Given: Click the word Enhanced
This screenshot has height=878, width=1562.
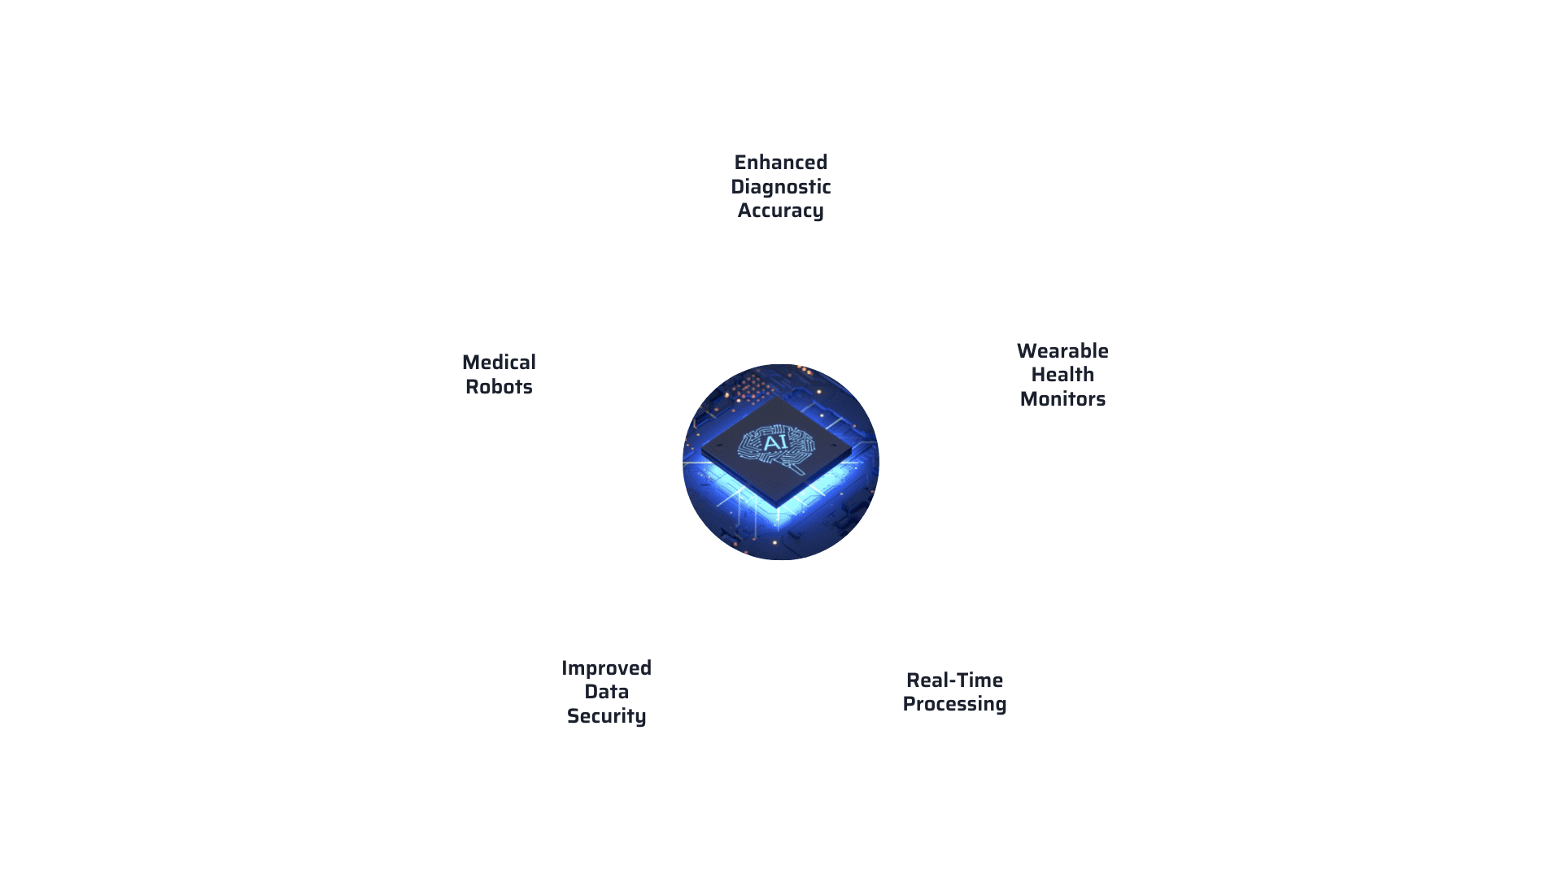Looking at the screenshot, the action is tap(781, 163).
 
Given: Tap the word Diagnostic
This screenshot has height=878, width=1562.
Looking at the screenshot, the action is tap(781, 188).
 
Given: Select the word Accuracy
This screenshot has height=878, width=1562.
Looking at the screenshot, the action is tap(781, 211).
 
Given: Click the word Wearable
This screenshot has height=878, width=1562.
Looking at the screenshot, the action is tap(1062, 351).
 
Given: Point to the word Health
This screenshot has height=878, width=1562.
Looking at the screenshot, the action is tap(1062, 375).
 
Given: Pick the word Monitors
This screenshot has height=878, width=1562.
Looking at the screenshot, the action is tap(1062, 399).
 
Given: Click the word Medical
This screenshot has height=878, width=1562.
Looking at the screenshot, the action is tap(499, 363).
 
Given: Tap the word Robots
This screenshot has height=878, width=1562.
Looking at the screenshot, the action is tap(499, 387).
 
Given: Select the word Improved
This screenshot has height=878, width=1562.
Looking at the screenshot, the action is tap(606, 669).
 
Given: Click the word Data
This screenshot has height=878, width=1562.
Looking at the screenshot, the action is tap(606, 692).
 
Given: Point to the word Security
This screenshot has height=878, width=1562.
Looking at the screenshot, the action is tap(606, 717).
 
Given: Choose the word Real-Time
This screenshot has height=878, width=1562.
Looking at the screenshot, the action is tap(954, 680).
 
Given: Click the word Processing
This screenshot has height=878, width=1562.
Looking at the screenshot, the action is tap(954, 705).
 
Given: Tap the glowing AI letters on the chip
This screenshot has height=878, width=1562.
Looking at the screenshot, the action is tap(774, 443).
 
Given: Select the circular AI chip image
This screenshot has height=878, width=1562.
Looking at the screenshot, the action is tap(781, 462).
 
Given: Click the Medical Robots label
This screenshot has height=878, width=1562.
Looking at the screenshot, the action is tap(499, 375).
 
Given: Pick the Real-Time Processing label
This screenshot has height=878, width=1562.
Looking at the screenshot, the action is tap(954, 693).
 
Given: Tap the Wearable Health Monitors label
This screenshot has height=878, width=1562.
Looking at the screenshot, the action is tap(1062, 375).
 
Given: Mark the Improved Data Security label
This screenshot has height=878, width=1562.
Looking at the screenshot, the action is tap(606, 693).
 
